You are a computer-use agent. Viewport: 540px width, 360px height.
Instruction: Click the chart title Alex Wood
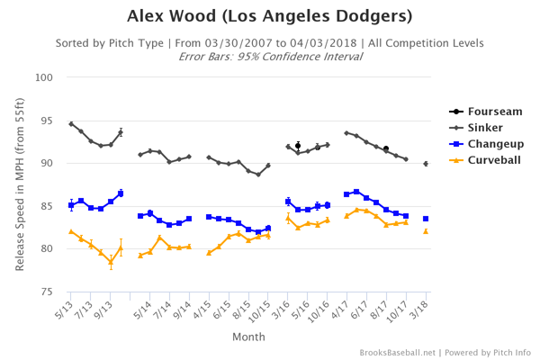point(269,17)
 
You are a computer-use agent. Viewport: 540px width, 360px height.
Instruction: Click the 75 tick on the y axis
point(51,292)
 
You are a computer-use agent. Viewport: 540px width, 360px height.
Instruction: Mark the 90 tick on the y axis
point(51,163)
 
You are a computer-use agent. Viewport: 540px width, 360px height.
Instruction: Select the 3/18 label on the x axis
point(424,310)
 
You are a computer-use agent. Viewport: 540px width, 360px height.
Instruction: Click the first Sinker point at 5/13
point(71,123)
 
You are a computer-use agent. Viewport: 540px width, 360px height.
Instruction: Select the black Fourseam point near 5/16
point(298,145)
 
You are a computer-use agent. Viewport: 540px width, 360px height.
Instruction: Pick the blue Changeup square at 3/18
point(426,219)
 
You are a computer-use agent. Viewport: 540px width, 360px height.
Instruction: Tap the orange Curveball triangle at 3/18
point(426,231)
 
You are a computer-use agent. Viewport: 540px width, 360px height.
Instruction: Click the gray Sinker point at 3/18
point(426,164)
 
